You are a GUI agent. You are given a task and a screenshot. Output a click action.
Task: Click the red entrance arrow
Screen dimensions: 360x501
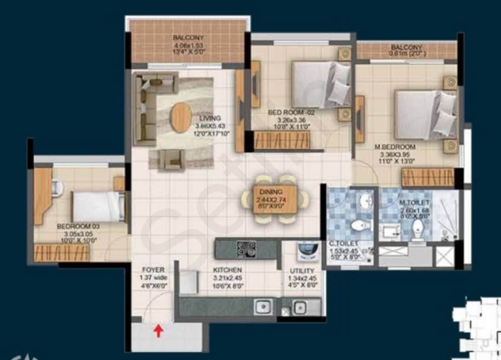pyautogui.click(x=159, y=331)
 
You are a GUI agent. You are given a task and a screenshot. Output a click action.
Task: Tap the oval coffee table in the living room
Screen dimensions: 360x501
pyautogui.click(x=180, y=117)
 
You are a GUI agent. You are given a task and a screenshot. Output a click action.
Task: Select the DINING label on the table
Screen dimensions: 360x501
pyautogui.click(x=275, y=191)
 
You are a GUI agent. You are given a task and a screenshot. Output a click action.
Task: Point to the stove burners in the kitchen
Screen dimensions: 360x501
pyautogui.click(x=247, y=249)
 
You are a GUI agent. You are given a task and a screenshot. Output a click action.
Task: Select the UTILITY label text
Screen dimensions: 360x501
pyautogui.click(x=302, y=270)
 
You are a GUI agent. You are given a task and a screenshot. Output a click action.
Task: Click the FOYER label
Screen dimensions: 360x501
pyautogui.click(x=153, y=269)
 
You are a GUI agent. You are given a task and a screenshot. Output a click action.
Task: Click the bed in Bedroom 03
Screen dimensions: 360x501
pyautogui.click(x=99, y=206)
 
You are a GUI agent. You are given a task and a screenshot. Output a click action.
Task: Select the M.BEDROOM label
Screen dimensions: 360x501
pyautogui.click(x=395, y=147)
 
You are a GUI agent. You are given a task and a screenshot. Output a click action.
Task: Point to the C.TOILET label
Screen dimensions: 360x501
pyautogui.click(x=340, y=244)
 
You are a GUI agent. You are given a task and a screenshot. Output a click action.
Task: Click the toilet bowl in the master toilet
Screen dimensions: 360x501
pyautogui.click(x=417, y=228)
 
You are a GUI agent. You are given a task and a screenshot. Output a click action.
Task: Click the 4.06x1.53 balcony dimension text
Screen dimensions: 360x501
pyautogui.click(x=188, y=45)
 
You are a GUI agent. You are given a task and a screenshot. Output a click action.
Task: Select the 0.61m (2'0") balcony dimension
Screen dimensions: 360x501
pyautogui.click(x=406, y=54)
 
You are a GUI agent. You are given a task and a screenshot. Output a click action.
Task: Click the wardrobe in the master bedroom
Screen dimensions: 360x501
pyautogui.click(x=427, y=177)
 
